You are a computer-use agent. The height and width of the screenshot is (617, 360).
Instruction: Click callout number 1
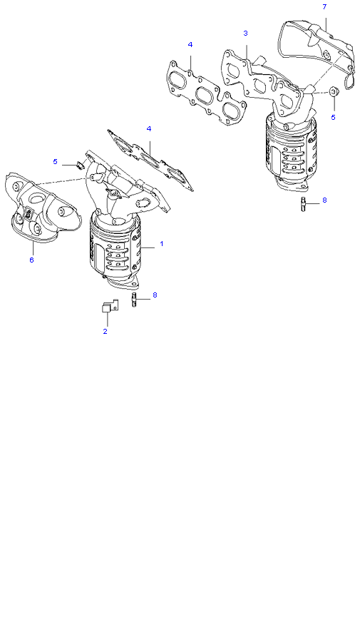click(x=161, y=243)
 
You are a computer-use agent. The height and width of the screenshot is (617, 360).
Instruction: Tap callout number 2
click(x=105, y=331)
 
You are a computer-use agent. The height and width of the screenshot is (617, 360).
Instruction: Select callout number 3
click(x=245, y=33)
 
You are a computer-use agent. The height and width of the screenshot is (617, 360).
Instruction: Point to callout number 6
click(x=31, y=260)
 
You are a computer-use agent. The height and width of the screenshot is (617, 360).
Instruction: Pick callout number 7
click(x=324, y=6)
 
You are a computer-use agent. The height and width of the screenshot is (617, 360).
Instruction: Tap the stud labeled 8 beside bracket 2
click(x=134, y=300)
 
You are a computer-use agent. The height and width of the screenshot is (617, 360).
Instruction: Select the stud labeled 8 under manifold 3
click(x=304, y=203)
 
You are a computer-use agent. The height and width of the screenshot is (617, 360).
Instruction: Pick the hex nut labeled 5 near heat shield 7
click(x=334, y=92)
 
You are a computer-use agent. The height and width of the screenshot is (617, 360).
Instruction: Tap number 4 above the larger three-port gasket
click(x=190, y=44)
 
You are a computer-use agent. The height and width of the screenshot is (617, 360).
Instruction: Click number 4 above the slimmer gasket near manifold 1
click(x=149, y=128)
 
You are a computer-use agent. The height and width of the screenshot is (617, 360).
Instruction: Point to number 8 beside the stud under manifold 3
click(x=324, y=200)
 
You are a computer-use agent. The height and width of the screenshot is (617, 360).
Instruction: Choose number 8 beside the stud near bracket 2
click(x=155, y=295)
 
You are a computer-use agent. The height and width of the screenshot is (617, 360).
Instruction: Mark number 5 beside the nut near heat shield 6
click(x=55, y=161)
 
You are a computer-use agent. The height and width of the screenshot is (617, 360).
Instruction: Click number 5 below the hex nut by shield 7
click(x=333, y=117)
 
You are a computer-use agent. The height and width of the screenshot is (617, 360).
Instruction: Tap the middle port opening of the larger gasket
click(x=205, y=96)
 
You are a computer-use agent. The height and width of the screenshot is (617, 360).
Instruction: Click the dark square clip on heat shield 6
click(x=29, y=215)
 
